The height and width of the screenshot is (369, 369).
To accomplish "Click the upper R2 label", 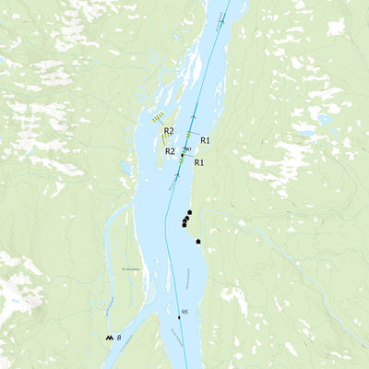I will (169, 131).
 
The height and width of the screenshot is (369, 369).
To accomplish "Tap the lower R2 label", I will (170, 151).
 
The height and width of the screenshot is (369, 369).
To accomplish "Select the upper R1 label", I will (207, 140).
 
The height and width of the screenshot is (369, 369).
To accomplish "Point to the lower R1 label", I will (199, 162).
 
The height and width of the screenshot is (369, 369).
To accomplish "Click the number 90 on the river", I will (188, 149).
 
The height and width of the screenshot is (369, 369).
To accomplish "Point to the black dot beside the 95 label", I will (180, 317).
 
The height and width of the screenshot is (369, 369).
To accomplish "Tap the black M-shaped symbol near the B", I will (110, 339).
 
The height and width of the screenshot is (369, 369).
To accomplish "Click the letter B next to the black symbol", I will (120, 339).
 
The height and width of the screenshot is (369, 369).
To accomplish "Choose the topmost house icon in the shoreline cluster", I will (189, 212).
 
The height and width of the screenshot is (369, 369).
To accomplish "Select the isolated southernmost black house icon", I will (198, 242).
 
